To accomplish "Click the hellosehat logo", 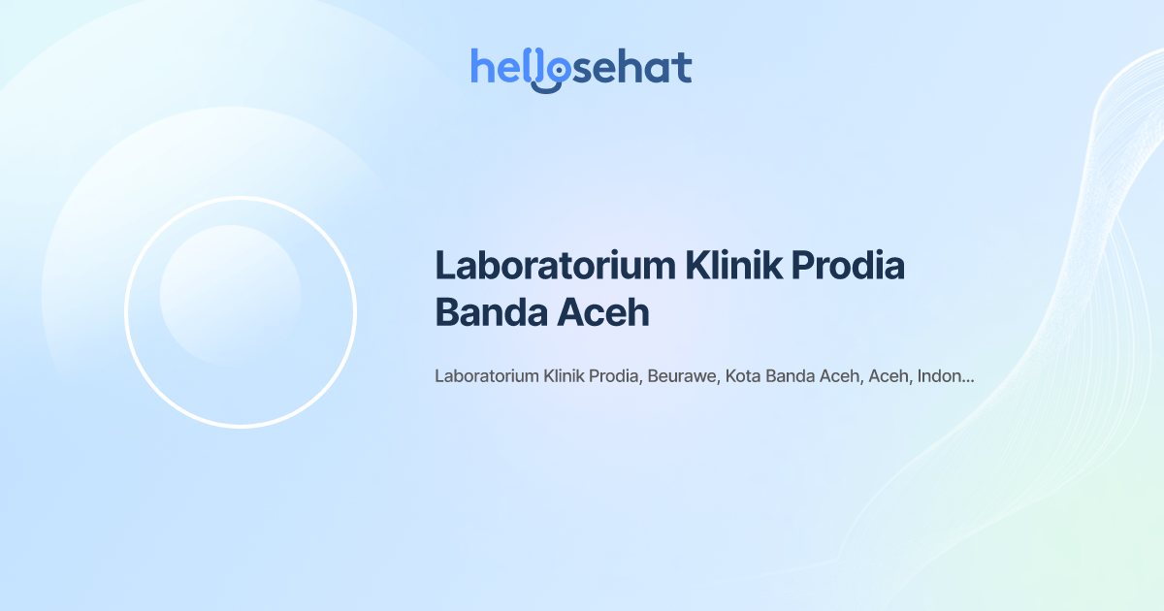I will coord(581,69).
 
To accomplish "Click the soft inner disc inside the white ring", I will coord(230,295).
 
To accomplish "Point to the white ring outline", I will coord(126,312).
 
